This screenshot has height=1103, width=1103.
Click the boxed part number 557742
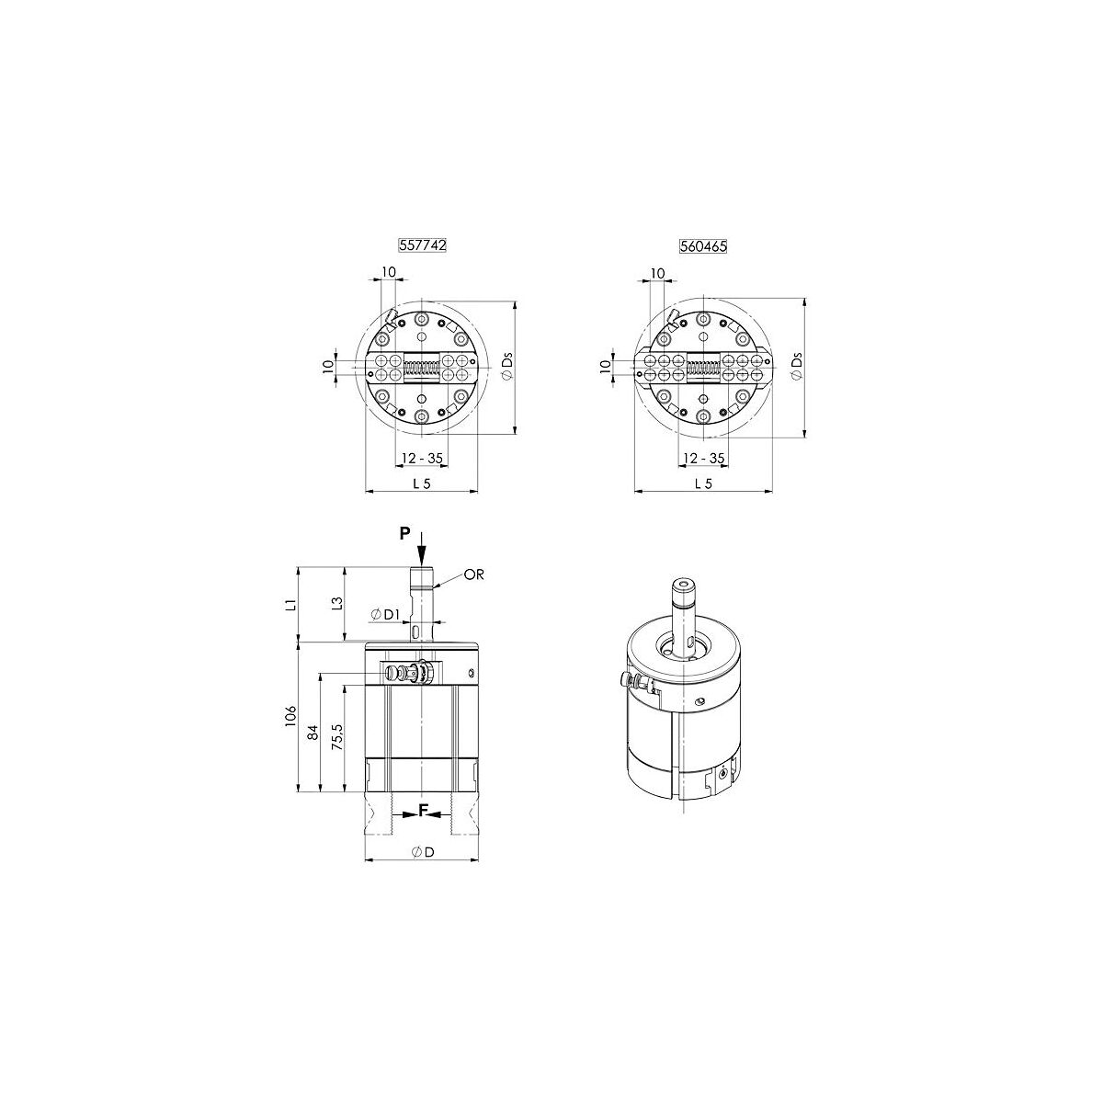point(422,245)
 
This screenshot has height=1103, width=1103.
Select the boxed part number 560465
point(703,246)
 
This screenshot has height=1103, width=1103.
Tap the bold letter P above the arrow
point(405,533)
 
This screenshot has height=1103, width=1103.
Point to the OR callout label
point(474,574)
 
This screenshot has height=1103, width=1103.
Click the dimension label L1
point(290,605)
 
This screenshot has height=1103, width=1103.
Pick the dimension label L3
point(336,603)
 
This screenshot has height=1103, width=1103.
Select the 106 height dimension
point(290,716)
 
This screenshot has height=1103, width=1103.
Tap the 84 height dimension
point(313,732)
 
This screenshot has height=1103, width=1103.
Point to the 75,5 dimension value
point(337,736)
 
